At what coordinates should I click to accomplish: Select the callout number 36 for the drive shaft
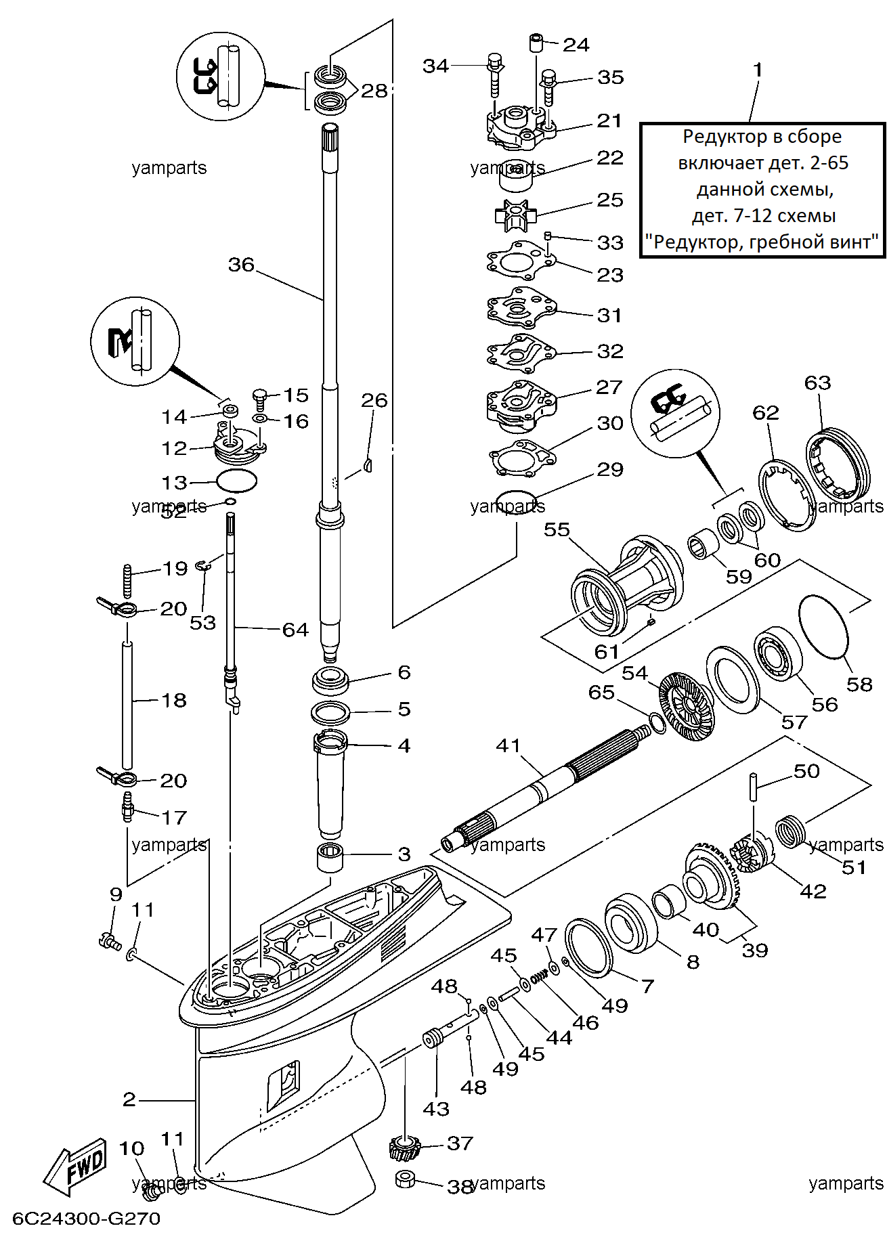241,265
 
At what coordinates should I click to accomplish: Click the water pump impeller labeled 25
516,215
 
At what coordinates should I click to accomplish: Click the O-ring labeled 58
823,626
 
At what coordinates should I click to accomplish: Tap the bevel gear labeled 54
686,705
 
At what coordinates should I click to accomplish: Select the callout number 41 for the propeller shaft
509,745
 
